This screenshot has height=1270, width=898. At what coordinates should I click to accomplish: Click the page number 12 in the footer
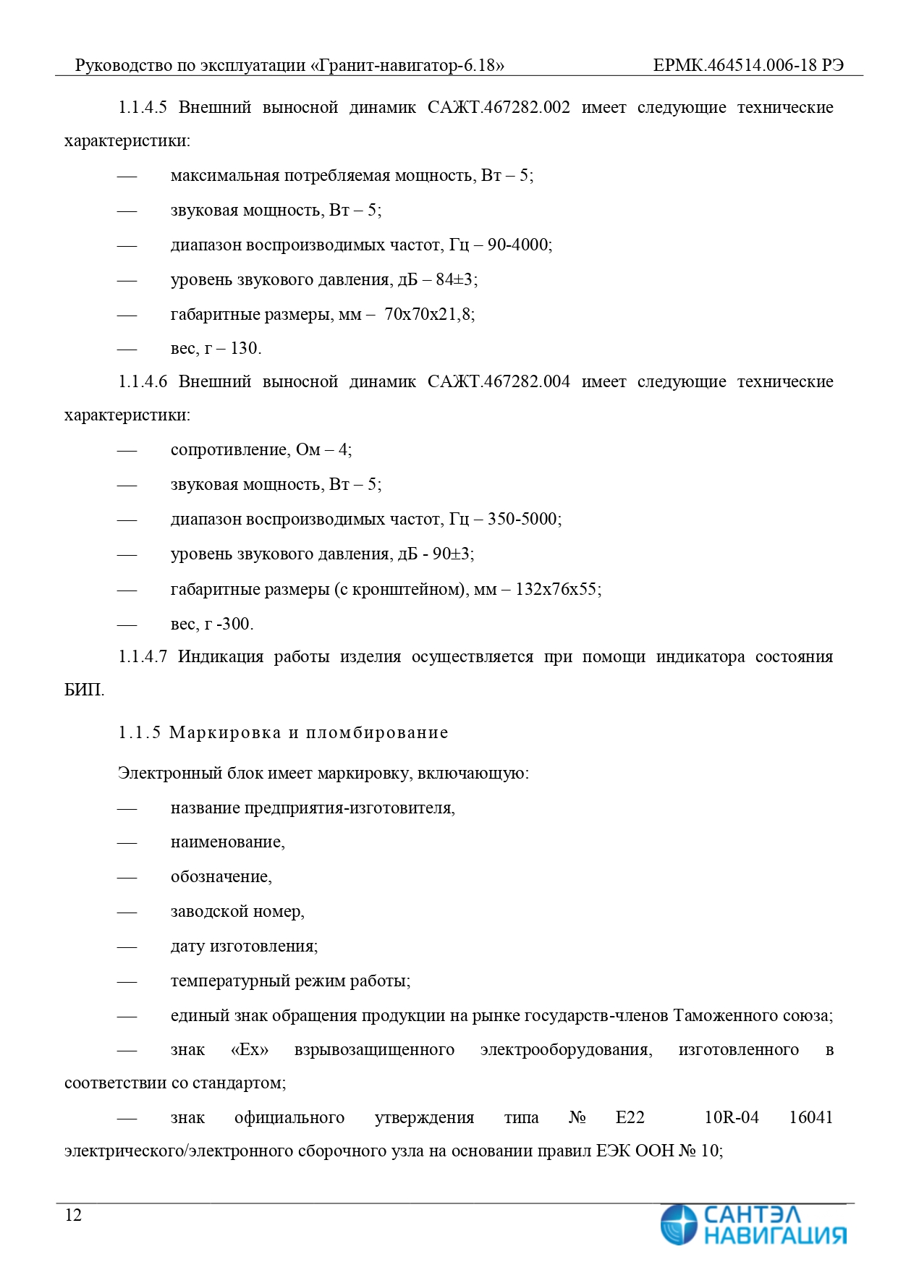(73, 1215)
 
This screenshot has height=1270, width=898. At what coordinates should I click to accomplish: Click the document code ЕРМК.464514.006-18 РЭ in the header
(747, 65)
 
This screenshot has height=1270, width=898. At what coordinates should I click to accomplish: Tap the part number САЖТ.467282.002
(499, 108)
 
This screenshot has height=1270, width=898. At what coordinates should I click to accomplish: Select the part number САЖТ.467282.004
(499, 381)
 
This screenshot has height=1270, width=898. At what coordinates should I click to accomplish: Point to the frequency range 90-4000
(518, 245)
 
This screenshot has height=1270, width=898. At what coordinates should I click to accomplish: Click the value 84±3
(455, 279)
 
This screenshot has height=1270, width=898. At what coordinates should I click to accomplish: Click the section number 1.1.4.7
(143, 657)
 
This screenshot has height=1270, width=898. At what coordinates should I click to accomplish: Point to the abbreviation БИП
(83, 690)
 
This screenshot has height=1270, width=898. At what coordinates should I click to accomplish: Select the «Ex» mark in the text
(250, 1050)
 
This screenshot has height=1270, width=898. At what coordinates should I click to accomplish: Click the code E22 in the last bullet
(630, 1118)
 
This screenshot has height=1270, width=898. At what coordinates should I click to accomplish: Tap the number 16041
(810, 1118)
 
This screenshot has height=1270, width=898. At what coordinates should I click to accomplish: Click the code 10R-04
(732, 1118)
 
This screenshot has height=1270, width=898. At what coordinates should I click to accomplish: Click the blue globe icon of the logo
(678, 1224)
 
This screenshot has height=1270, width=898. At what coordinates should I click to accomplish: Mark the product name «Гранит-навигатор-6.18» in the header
(407, 65)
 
